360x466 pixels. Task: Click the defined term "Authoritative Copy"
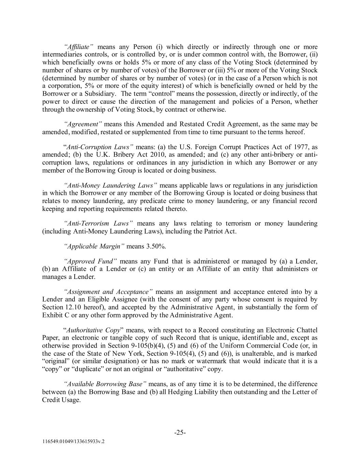(x=93, y=330)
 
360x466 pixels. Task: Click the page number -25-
(x=180, y=433)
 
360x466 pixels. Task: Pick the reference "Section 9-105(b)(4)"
(x=147, y=345)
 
